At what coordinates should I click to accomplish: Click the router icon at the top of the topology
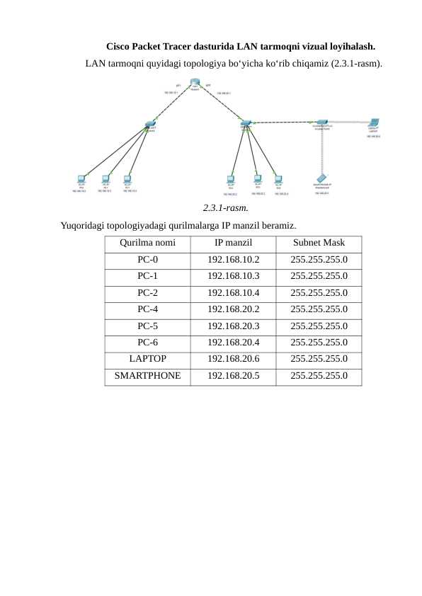(x=195, y=84)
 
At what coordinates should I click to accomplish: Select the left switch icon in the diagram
(x=149, y=125)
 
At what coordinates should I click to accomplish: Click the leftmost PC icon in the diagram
(x=81, y=179)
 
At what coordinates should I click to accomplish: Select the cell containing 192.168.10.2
(x=233, y=260)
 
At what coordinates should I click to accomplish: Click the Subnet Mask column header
(x=319, y=243)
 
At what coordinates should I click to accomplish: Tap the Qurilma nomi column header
(x=147, y=243)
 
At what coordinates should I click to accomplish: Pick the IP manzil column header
(x=233, y=243)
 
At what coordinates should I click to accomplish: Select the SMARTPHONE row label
(x=147, y=375)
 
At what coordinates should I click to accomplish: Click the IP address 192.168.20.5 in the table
(x=233, y=375)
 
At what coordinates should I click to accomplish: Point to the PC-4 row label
(x=147, y=309)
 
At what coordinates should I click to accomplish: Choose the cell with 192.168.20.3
(x=233, y=326)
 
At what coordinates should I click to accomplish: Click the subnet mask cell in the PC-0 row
(x=319, y=260)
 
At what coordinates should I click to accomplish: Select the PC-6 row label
(x=147, y=343)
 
